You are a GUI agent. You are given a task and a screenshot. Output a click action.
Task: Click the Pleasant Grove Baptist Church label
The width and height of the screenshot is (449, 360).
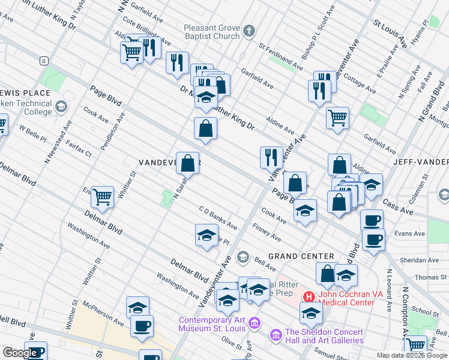point(203,32)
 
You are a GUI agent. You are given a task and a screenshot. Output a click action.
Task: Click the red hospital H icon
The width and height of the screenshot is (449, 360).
point(309,296)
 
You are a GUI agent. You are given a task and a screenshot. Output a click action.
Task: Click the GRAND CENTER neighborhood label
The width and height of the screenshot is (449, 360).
point(301,256)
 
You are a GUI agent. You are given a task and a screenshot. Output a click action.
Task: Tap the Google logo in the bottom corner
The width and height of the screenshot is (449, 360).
point(19,353)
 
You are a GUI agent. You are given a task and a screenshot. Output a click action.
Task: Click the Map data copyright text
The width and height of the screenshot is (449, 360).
point(412,355)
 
